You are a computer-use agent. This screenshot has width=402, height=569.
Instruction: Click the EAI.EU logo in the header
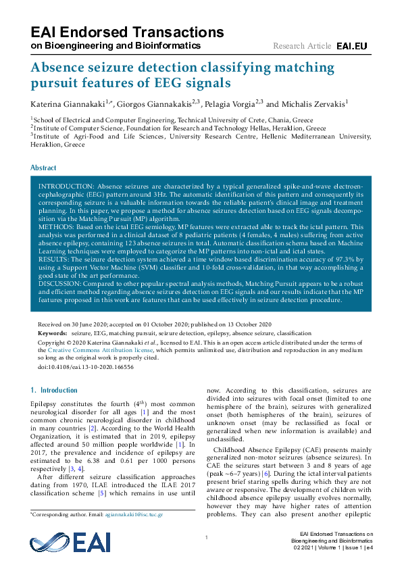[351, 46]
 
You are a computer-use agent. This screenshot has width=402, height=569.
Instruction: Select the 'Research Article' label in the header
[302, 46]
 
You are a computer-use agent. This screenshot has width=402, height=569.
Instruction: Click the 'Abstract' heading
[44, 168]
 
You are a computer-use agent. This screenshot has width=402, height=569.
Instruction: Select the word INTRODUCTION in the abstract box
[67, 186]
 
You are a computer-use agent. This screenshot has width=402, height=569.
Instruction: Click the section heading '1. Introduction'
[55, 391]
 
